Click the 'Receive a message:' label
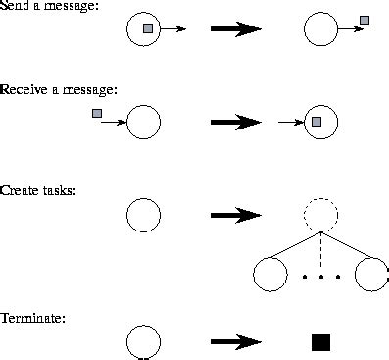click(x=59, y=89)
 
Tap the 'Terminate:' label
click(x=33, y=318)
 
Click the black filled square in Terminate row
click(x=320, y=341)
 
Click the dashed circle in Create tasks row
click(x=320, y=214)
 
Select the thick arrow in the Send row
click(x=236, y=29)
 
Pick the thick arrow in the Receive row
click(x=236, y=123)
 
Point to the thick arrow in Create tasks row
click(x=236, y=215)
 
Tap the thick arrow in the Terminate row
click(x=236, y=341)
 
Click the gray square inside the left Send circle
click(x=148, y=29)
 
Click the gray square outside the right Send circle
click(x=365, y=20)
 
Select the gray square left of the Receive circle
click(x=97, y=114)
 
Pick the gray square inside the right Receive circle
click(x=316, y=122)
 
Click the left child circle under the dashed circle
click(x=269, y=275)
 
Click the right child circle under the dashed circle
click(x=371, y=275)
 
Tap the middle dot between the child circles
click(x=320, y=277)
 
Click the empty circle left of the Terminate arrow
click(x=143, y=341)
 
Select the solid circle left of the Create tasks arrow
click(x=143, y=215)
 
